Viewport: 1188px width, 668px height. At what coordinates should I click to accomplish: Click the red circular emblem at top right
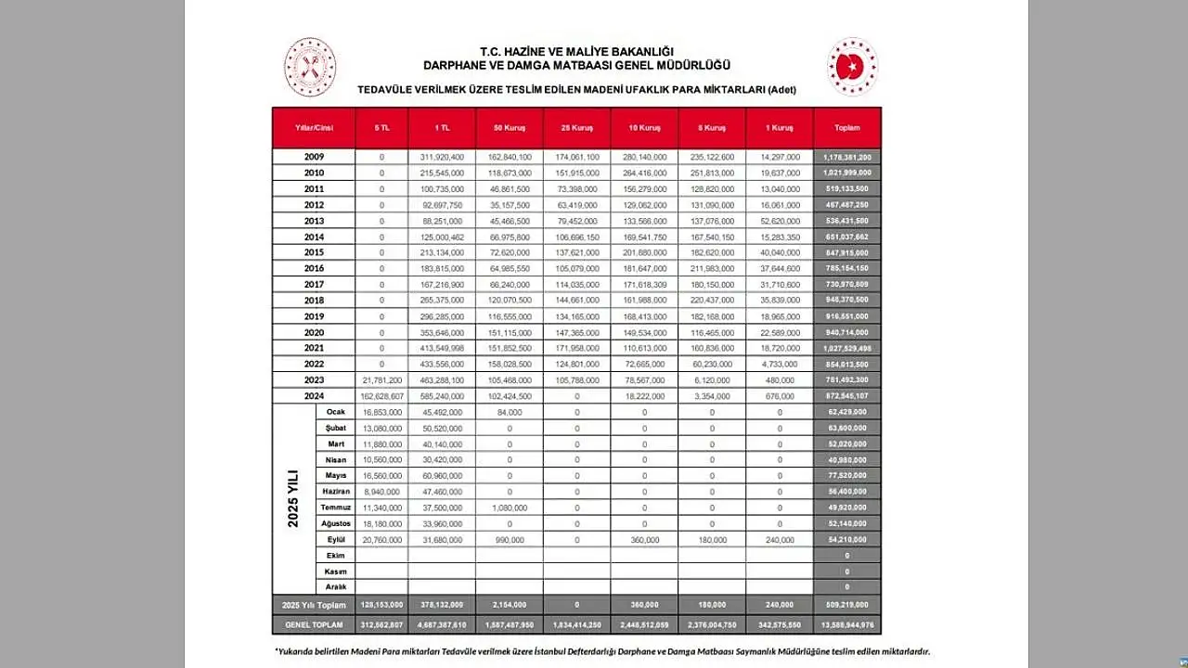(852, 67)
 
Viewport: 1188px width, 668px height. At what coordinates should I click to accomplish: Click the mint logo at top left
(310, 67)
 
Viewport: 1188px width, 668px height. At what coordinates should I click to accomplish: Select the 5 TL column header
(381, 128)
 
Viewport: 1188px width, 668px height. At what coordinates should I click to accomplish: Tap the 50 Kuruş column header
(510, 128)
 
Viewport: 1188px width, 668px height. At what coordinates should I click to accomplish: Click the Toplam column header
(846, 128)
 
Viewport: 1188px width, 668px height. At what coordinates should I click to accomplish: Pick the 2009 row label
(314, 157)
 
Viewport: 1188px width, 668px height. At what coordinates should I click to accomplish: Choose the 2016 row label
(314, 268)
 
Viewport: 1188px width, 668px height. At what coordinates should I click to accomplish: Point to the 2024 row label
(314, 396)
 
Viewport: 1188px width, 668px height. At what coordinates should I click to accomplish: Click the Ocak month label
(335, 412)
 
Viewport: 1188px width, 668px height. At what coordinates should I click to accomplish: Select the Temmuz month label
(335, 507)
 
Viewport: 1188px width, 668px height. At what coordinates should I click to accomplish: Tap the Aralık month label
(335, 587)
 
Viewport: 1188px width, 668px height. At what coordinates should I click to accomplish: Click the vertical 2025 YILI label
(293, 499)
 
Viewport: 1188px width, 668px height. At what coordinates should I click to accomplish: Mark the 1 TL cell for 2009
(442, 157)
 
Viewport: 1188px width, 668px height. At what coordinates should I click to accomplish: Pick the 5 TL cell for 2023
(381, 380)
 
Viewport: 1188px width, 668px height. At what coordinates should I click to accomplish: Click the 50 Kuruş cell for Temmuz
(510, 507)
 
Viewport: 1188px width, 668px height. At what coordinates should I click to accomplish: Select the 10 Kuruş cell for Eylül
(644, 539)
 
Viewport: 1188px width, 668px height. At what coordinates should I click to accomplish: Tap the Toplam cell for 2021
(846, 348)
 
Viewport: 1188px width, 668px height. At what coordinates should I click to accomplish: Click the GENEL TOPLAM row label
(314, 625)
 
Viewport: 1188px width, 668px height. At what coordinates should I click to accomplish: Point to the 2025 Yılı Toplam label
(314, 605)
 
